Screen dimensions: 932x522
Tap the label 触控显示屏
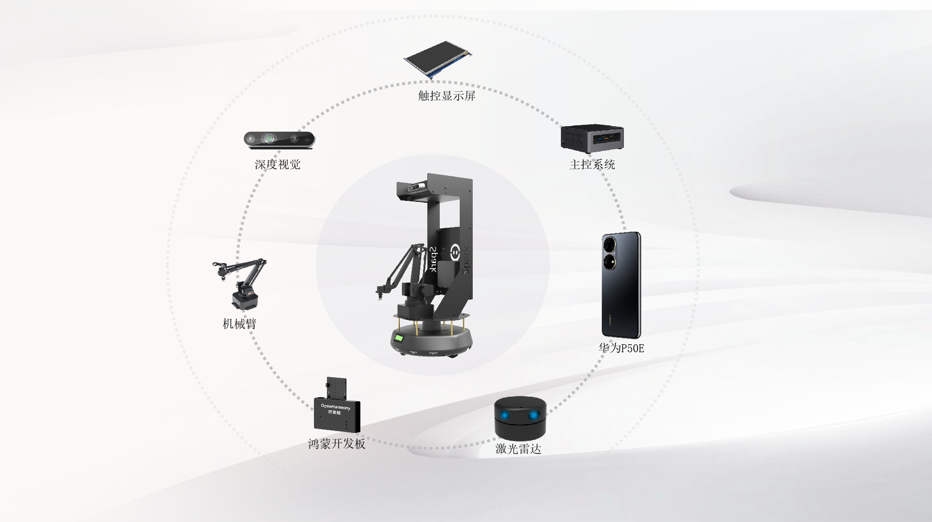pos(446,96)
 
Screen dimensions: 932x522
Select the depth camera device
pos(279,140)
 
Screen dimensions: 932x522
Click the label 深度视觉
pos(278,164)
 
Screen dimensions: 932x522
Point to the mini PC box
pos(592,139)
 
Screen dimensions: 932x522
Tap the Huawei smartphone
pos(621,285)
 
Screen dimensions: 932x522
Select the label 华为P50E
pos(621,348)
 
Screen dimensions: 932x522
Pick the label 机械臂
pos(240,323)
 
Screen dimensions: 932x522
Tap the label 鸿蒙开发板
pos(337,444)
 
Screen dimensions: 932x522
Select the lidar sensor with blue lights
pos(520,418)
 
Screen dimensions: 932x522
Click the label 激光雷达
pos(518,449)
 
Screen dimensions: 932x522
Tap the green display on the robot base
pos(399,339)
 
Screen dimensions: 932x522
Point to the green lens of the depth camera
pos(269,139)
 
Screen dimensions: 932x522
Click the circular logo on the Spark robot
pos(454,252)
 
